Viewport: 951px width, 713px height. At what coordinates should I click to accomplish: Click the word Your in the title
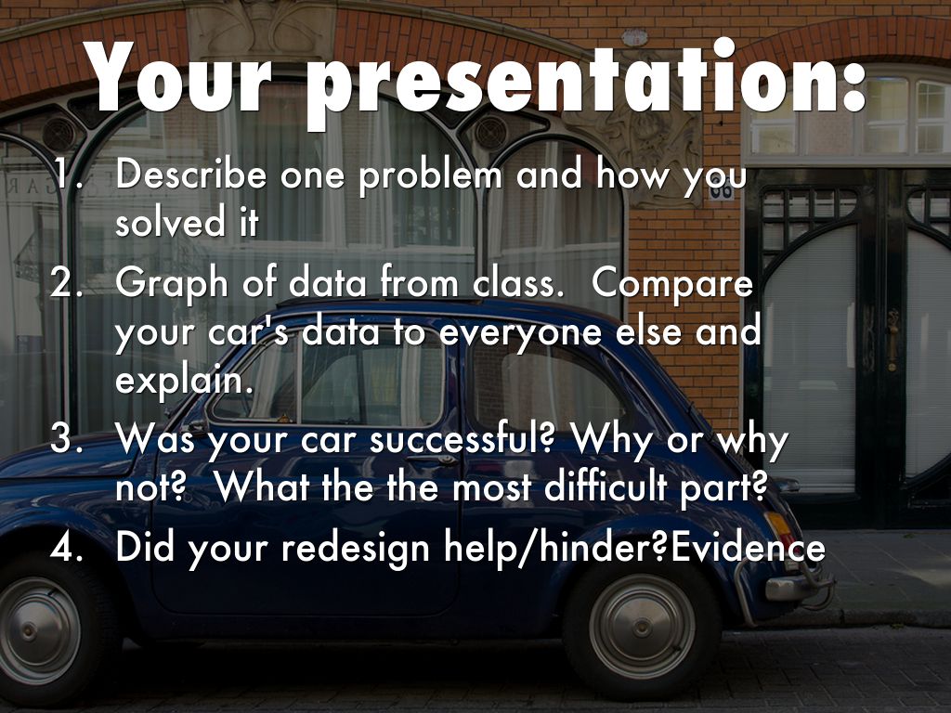176,77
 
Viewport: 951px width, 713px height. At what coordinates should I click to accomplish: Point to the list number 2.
67,282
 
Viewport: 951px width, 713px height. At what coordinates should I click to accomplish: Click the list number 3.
67,438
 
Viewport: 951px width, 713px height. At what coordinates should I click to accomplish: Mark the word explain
184,382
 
